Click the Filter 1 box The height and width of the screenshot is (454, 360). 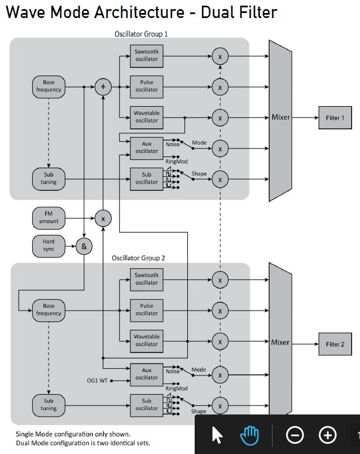point(335,117)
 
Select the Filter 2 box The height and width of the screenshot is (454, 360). point(335,344)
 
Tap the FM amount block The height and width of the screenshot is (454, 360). point(49,217)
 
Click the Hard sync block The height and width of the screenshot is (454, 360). point(49,246)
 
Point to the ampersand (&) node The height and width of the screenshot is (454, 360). point(84,246)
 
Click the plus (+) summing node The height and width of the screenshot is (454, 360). point(103,86)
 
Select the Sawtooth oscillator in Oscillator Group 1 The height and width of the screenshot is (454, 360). point(147,55)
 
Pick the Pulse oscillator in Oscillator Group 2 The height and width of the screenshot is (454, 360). point(147,309)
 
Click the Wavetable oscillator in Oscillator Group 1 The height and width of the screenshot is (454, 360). point(147,117)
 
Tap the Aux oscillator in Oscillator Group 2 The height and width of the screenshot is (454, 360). point(147,374)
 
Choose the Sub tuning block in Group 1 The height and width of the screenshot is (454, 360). point(49,178)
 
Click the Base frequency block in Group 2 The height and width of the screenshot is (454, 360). point(49,309)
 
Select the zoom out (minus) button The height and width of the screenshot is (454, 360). point(295,435)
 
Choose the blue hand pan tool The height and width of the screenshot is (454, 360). point(249,435)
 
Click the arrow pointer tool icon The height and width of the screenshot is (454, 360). point(217,435)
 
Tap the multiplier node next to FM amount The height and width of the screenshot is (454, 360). point(103,218)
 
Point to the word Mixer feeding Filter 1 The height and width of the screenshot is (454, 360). point(281,117)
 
